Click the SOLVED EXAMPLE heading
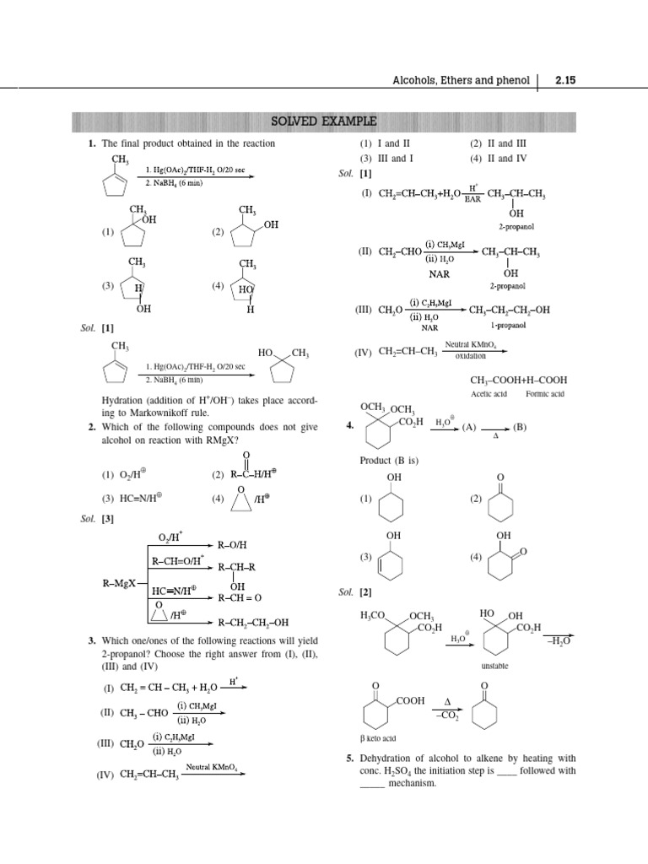323,121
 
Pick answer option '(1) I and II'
380,143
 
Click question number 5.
348,759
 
